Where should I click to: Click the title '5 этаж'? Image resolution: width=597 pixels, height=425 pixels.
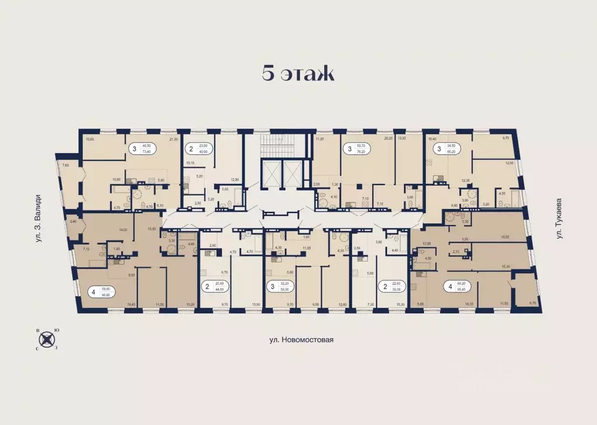[298, 74]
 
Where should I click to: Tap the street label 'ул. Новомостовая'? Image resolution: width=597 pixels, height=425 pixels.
[298, 339]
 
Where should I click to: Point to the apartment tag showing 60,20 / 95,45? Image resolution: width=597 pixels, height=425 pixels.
[457, 286]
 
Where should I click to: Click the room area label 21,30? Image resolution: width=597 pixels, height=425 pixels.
[173, 140]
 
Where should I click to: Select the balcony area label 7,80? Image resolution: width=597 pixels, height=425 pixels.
[65, 165]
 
